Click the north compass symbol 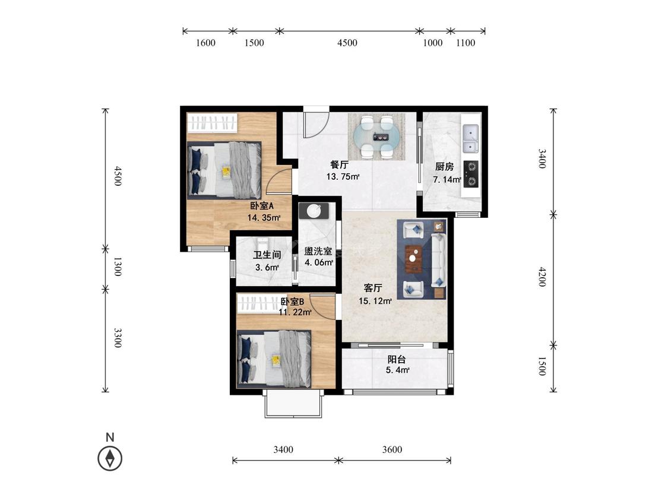[110, 458]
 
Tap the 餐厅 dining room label [340, 164]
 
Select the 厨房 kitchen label [444, 167]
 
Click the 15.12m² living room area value [375, 301]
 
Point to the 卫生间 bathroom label [267, 255]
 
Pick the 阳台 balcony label [397, 359]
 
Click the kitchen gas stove [470, 175]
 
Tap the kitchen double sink [470, 139]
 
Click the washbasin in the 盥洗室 [314, 211]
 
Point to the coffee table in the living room [413, 259]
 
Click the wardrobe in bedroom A [212, 123]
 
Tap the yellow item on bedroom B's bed [276, 361]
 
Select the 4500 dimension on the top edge [347, 43]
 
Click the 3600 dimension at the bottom [392, 449]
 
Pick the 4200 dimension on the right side [542, 277]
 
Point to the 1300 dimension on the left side [118, 267]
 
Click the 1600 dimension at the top [205, 43]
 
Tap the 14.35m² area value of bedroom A [264, 218]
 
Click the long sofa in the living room [438, 261]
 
